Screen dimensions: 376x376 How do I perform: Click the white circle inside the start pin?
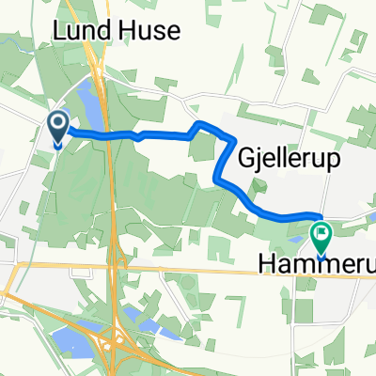pyautogui.click(x=58, y=122)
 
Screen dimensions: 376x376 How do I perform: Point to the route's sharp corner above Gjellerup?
pyautogui.click(x=197, y=124)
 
